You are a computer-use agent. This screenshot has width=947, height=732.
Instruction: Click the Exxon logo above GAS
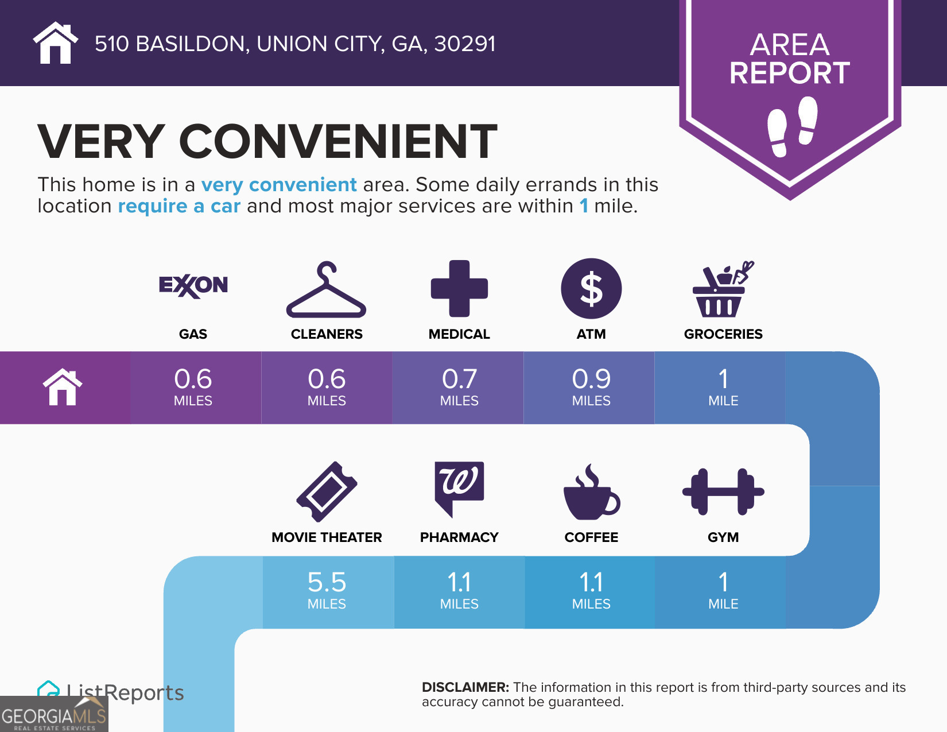[193, 286]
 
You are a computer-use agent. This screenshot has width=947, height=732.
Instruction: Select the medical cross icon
[459, 289]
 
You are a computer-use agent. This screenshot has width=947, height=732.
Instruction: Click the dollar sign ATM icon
[591, 289]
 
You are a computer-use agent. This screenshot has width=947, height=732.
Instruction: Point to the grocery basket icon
[723, 289]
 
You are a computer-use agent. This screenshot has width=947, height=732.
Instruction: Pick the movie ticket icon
[327, 491]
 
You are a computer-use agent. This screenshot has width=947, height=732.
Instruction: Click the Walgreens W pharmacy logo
[459, 489]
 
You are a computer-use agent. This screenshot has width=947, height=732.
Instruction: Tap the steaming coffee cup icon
[591, 492]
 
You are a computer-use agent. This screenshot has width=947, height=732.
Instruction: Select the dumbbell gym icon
[723, 492]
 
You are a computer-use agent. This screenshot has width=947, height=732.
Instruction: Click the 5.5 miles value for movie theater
[327, 590]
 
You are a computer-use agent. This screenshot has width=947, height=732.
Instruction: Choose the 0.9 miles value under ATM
[591, 386]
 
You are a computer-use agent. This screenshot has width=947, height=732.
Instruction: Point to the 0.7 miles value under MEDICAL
[459, 386]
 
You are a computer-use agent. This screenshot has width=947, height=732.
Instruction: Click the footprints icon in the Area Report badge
[792, 126]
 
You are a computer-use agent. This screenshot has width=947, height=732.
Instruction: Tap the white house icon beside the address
[55, 42]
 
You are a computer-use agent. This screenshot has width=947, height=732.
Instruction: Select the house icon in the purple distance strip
[63, 387]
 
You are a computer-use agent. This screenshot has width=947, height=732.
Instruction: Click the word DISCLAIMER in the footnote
[465, 687]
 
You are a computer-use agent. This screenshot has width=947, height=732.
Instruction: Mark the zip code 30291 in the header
[465, 44]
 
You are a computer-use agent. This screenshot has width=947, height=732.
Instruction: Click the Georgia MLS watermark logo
[54, 714]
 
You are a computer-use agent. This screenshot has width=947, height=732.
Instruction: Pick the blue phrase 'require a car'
[179, 206]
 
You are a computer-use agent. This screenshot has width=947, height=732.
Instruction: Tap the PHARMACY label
[459, 537]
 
